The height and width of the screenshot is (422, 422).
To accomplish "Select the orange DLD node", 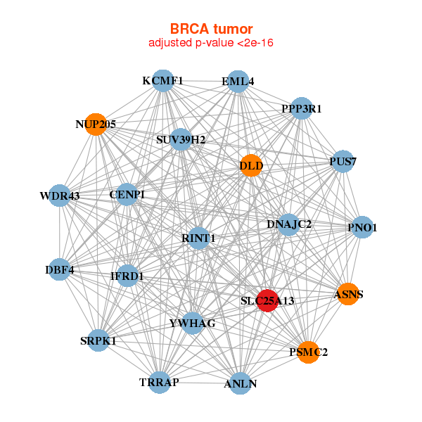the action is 251,166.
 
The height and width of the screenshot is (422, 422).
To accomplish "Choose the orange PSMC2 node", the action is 308,351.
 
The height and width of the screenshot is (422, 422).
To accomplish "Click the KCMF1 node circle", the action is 162,81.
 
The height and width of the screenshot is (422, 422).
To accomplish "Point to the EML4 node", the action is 238,82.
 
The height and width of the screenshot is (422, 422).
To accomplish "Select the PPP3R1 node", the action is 301,108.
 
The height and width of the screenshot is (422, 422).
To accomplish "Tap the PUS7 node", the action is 342,162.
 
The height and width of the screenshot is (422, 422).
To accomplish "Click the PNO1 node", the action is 362,227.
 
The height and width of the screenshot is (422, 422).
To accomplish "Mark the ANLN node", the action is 241,383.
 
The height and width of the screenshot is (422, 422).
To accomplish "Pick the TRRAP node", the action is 160,382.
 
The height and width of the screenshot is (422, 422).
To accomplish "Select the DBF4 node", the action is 60,269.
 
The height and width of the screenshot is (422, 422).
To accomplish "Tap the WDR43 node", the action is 60,196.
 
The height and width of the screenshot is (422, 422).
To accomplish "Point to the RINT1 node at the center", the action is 198,238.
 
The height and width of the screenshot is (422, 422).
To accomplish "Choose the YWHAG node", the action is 192,323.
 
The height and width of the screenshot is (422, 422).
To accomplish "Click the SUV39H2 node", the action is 181,139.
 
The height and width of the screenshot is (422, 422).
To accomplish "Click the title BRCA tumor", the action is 210,29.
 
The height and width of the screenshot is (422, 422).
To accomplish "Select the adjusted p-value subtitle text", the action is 210,44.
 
